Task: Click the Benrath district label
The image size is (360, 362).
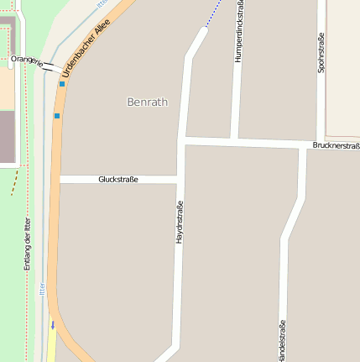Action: (147, 102)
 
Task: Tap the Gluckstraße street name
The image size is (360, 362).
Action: (117, 179)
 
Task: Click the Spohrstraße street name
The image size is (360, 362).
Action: (321, 53)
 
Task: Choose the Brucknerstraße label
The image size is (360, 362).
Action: (335, 145)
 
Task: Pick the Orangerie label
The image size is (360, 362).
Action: (28, 60)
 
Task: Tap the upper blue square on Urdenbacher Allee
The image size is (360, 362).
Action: (62, 84)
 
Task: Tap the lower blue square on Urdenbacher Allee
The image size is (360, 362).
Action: (57, 116)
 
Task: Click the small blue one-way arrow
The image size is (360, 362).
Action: (52, 324)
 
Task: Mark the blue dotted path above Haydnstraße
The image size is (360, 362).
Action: (214, 13)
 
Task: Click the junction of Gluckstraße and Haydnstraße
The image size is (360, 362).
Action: (179, 179)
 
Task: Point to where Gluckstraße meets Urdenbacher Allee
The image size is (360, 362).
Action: (59, 179)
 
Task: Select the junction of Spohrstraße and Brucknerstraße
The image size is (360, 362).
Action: (321, 141)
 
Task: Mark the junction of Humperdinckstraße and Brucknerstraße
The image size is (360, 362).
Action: (234, 139)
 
